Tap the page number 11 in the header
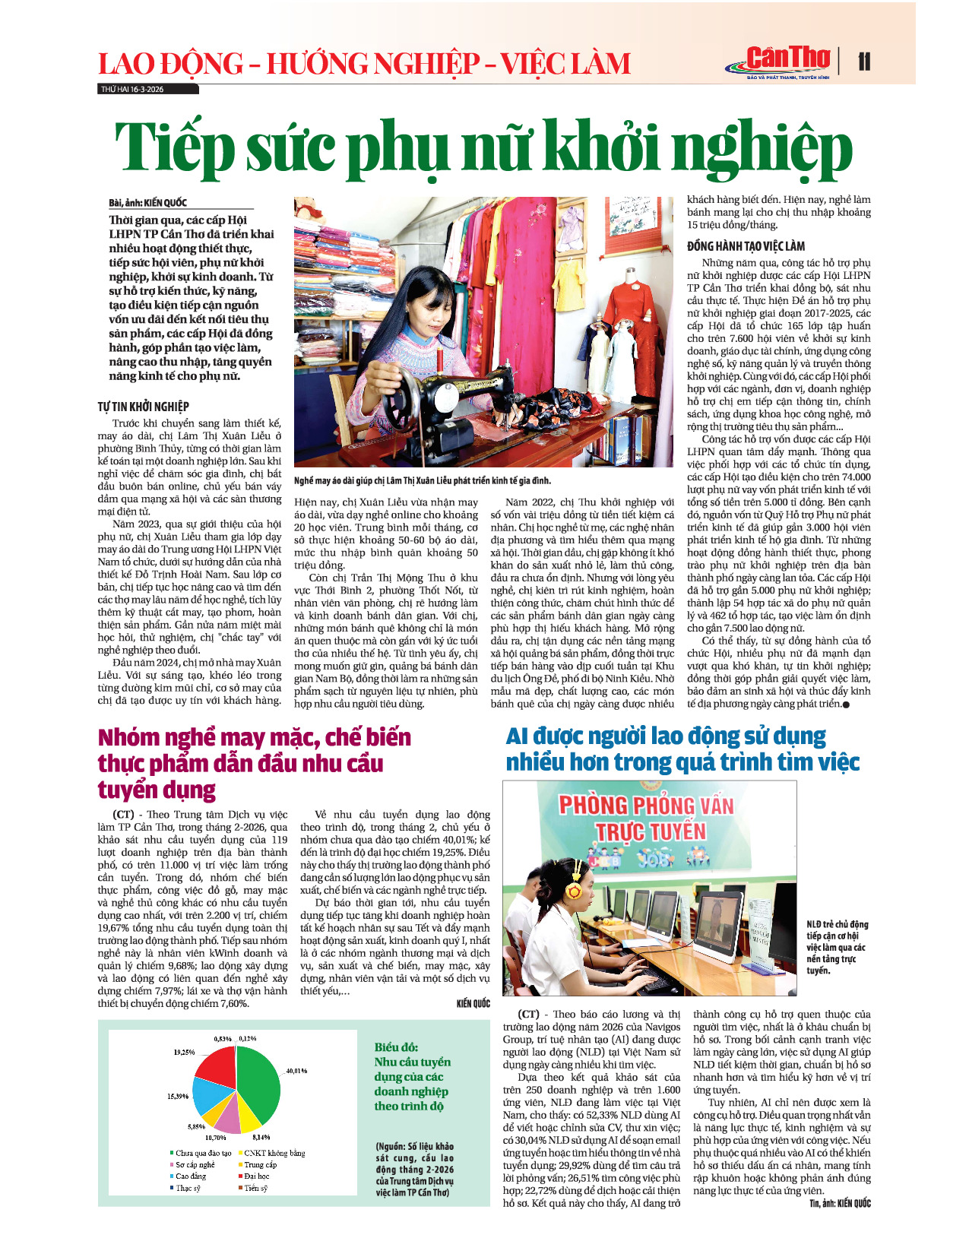pos(864,62)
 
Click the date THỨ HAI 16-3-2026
pos(132,89)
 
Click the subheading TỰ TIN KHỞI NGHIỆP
pos(143,407)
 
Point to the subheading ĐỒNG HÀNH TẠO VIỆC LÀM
pos(746,246)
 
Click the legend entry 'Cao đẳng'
pos(190,1176)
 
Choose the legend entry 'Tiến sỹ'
pos(255,1187)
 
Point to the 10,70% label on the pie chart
pos(215,1138)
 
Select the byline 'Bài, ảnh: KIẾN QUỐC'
pos(147,203)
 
